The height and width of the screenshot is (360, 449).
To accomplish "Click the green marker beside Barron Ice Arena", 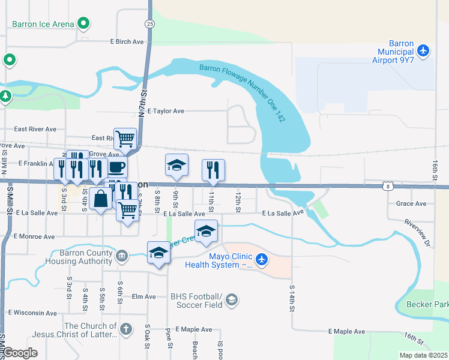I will [x=84, y=25].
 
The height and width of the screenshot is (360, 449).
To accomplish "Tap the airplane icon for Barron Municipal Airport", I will [x=424, y=51].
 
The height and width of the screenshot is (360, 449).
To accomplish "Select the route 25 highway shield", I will [x=149, y=23].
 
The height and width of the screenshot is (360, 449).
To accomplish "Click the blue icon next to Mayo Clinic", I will [x=261, y=259].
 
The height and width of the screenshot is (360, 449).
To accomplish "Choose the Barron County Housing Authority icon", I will [x=122, y=256].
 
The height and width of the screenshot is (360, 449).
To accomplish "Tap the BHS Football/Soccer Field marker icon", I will [x=232, y=299].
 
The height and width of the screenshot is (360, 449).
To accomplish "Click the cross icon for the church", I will [x=125, y=329].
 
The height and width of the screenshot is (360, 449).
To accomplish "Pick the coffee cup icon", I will [x=116, y=166].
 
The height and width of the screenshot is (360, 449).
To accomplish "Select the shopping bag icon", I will [x=101, y=198].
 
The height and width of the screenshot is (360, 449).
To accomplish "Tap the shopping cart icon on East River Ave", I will [x=125, y=138].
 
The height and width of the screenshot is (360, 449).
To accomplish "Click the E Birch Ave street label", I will [x=127, y=42].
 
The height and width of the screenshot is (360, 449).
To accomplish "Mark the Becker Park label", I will [x=427, y=305].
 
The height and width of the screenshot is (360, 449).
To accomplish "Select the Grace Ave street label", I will [x=411, y=203].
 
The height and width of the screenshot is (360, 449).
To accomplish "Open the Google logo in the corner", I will [x=20, y=353].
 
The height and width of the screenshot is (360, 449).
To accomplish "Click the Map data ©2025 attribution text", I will [x=423, y=355].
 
